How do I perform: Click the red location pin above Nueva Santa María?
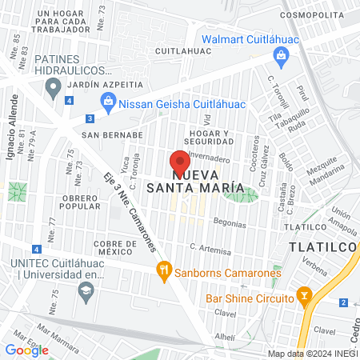tap(180, 159)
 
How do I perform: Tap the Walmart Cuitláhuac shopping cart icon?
tap(281, 55)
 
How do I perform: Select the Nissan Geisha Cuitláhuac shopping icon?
tap(107, 102)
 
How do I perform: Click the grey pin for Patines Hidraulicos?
tap(54, 87)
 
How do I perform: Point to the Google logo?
tap(27, 350)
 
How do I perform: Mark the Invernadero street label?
tap(210, 158)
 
